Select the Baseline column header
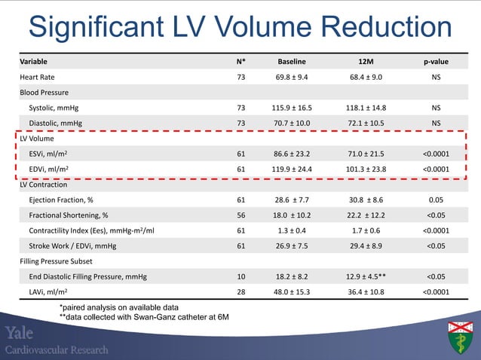[x=291, y=61]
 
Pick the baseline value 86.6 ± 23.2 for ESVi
[x=291, y=154]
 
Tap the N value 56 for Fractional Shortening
[x=240, y=215]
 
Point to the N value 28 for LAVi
[x=240, y=292]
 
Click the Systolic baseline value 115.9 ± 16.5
[x=291, y=108]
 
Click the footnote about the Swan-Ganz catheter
[x=144, y=318]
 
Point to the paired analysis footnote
[x=118, y=307]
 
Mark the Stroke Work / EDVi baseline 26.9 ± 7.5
[x=291, y=246]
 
